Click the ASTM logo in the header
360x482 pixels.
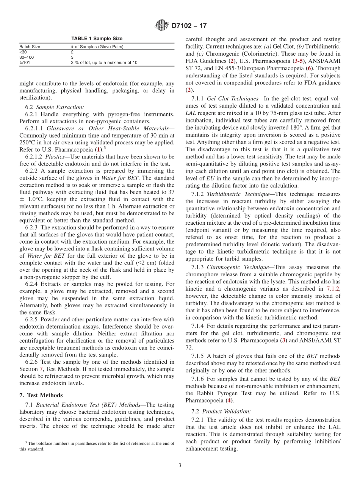[x=162, y=26]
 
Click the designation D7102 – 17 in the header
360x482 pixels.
[x=189, y=26]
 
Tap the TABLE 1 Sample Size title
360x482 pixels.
[x=97, y=39]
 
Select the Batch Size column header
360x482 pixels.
[x=30, y=47]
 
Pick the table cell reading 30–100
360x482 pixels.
[x=26, y=57]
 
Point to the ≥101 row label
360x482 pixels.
[x=24, y=63]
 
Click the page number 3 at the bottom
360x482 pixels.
[x=180, y=465]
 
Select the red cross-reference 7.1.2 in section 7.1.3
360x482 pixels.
[x=333, y=289]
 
